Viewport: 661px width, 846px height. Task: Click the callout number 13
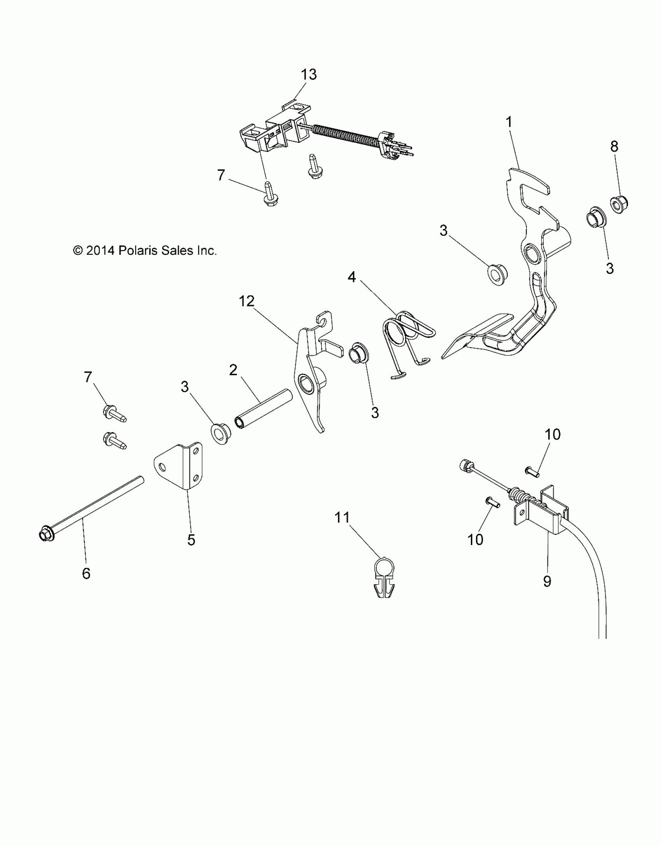(x=309, y=74)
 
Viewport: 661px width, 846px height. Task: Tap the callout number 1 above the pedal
(x=509, y=122)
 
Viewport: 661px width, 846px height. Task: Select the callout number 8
(x=614, y=147)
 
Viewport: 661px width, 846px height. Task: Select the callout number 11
(x=343, y=518)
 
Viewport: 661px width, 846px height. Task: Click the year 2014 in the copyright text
(x=100, y=250)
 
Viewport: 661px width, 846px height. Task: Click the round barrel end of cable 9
(x=465, y=465)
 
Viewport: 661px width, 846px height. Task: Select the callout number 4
(x=352, y=277)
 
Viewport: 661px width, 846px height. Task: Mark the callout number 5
(x=191, y=540)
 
